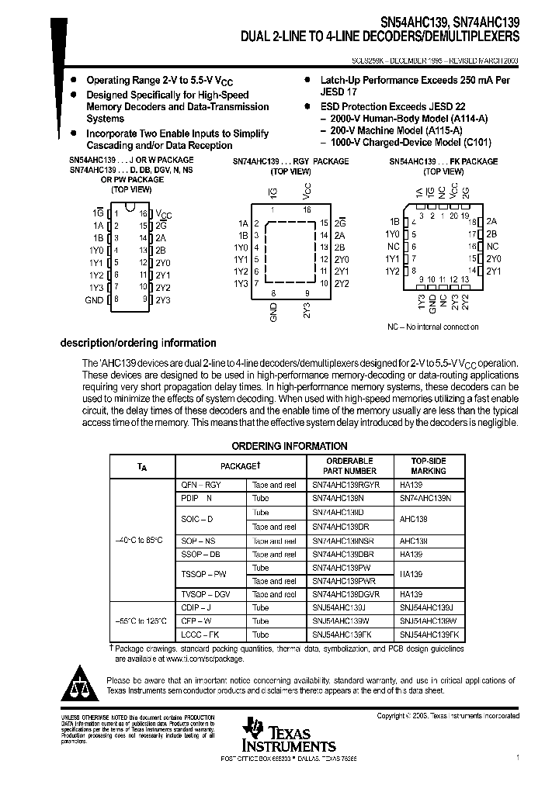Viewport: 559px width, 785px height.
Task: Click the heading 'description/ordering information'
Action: point(138,343)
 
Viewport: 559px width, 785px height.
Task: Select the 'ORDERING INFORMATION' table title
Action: point(290,446)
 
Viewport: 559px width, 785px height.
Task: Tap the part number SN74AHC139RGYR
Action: point(345,484)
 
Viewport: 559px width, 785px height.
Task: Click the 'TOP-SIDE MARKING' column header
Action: point(429,465)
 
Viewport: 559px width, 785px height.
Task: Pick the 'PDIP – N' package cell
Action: point(196,497)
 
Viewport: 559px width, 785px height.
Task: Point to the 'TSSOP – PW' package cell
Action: point(203,574)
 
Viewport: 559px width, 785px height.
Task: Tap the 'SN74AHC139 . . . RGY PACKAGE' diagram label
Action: point(290,161)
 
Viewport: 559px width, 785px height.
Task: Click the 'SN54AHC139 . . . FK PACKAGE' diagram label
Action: point(443,161)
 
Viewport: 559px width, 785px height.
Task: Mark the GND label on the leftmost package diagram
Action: point(93,299)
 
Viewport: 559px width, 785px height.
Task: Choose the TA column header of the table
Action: point(141,466)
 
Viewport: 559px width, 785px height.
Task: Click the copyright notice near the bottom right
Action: point(448,716)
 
